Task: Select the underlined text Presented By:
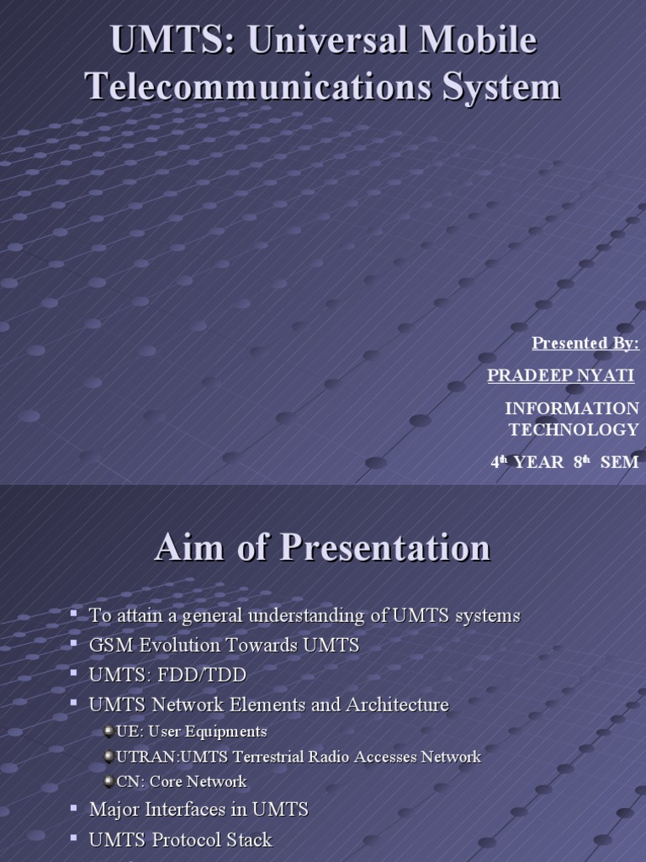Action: pyautogui.click(x=585, y=343)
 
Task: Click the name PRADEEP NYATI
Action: pyautogui.click(x=560, y=375)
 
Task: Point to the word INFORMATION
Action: pyautogui.click(x=571, y=408)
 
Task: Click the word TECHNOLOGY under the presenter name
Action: pyautogui.click(x=573, y=429)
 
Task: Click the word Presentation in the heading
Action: pyautogui.click(x=384, y=548)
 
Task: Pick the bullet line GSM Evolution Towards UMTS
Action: pyautogui.click(x=224, y=645)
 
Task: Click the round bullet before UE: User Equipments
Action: pyautogui.click(x=109, y=732)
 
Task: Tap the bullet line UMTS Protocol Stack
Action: pyautogui.click(x=180, y=839)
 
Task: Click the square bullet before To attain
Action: pyautogui.click(x=75, y=614)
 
